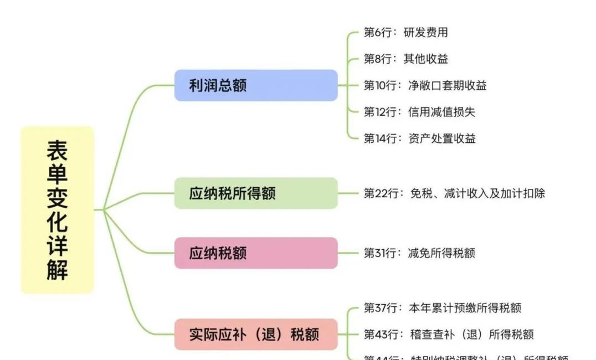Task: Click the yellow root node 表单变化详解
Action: [x=57, y=209]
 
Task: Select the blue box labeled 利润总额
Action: [x=255, y=85]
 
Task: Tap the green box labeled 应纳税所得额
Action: [x=255, y=193]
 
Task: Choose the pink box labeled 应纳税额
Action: [x=255, y=253]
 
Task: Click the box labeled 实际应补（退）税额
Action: [x=255, y=335]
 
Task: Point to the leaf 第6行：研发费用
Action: [x=405, y=32]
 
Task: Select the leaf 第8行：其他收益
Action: [x=405, y=59]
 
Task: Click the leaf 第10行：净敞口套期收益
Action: [x=425, y=85]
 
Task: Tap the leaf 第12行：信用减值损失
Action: [x=419, y=112]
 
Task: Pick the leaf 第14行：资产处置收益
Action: [x=419, y=138]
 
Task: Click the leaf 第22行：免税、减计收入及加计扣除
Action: [x=454, y=193]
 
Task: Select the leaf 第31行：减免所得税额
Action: [x=419, y=253]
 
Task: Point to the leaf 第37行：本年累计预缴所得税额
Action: [x=442, y=308]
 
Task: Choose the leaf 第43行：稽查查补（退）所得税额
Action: [x=448, y=335]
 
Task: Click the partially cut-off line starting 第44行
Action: [x=465, y=357]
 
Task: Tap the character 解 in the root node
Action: [x=57, y=270]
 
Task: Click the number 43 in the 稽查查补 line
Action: [x=381, y=335]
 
